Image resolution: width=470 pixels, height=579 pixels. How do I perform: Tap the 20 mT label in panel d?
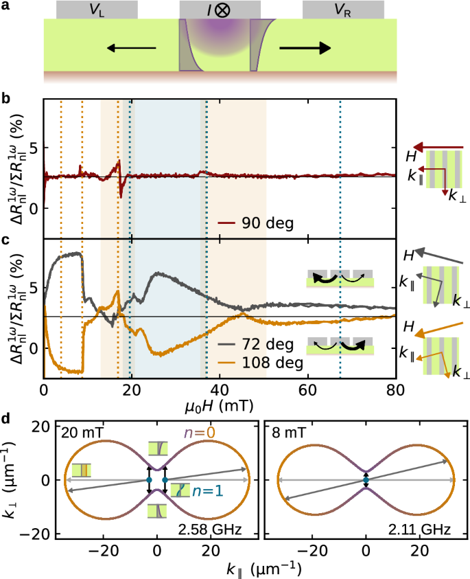click(78, 433)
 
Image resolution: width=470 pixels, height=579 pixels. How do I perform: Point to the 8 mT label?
click(287, 433)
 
